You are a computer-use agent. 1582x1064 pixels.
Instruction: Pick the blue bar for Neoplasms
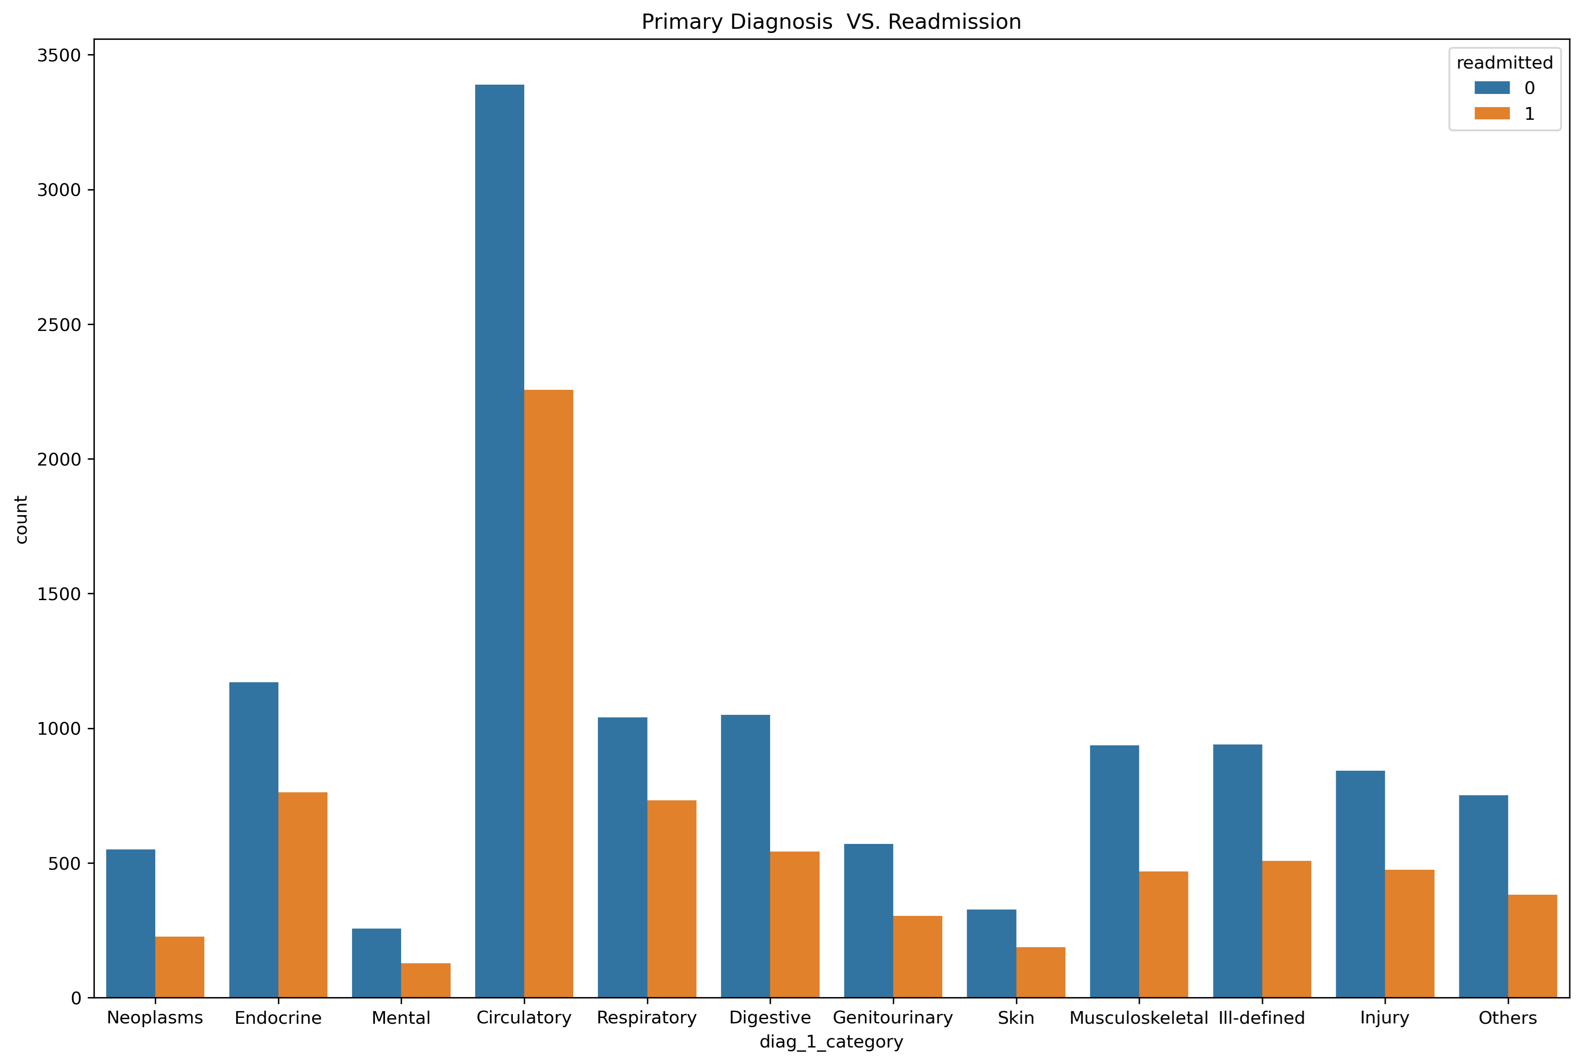tap(130, 923)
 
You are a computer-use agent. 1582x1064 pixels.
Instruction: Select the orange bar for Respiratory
tap(671, 899)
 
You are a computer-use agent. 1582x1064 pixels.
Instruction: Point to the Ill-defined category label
tap(1261, 1018)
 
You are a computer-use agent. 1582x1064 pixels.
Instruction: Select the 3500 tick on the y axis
tap(58, 55)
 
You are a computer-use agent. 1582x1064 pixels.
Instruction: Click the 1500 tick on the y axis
tap(58, 594)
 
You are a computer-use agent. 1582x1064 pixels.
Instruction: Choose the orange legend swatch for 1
tap(1492, 113)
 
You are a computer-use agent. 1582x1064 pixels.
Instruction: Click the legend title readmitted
tap(1504, 63)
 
